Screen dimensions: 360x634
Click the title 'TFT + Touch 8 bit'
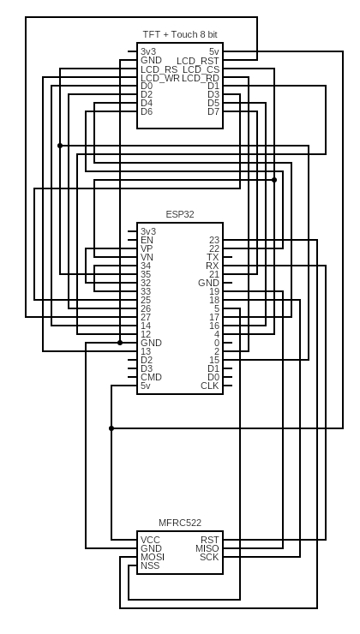point(180,34)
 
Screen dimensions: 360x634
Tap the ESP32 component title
point(180,214)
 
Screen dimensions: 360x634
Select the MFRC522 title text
point(180,523)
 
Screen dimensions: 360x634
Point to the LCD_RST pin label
point(198,61)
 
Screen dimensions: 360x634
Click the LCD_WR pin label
point(159,78)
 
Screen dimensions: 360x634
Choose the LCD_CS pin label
point(201,69)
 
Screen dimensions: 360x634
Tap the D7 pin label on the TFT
point(213,111)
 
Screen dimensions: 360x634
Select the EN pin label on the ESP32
point(147,240)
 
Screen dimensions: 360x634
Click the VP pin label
point(147,248)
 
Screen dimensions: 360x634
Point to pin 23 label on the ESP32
point(214,240)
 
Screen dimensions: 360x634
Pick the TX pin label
point(213,257)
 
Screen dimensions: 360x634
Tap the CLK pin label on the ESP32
point(210,386)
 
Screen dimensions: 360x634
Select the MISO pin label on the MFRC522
point(207,548)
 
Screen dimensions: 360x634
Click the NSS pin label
point(150,565)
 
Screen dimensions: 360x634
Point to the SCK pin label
point(209,557)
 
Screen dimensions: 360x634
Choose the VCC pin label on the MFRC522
point(150,540)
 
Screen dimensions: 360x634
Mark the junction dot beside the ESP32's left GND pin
point(120,343)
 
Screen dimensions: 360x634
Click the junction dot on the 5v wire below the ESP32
point(111,428)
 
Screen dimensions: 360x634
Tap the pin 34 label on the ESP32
point(146,266)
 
